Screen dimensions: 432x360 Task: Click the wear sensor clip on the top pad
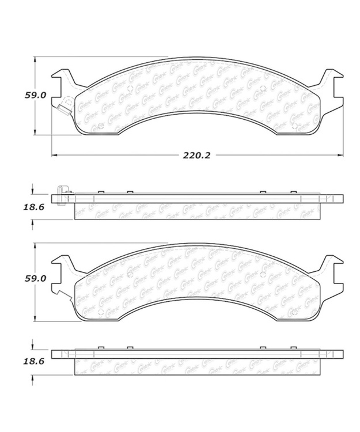63,109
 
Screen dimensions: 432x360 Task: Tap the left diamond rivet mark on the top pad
130,88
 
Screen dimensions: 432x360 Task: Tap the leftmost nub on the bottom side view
100,347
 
